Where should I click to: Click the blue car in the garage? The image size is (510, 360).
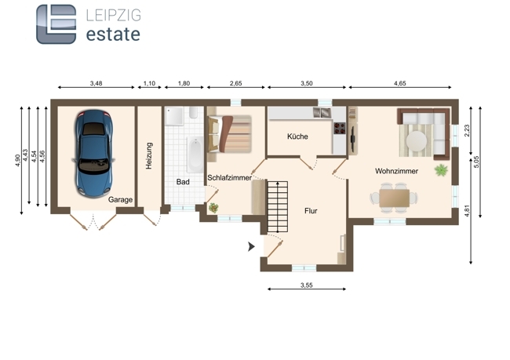pyautogui.click(x=93, y=153)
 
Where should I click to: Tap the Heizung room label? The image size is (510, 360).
pyautogui.click(x=149, y=156)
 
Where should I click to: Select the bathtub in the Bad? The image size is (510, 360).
pyautogui.click(x=195, y=155)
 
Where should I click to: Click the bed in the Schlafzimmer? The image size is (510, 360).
pyautogui.click(x=230, y=133)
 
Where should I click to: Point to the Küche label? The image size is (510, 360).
pyautogui.click(x=297, y=136)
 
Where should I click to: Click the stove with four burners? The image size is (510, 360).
pyautogui.click(x=340, y=128)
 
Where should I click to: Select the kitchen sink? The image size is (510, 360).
pyautogui.click(x=322, y=113)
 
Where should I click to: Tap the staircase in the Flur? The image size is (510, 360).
pyautogui.click(x=278, y=206)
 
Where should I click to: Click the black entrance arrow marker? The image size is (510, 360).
pyautogui.click(x=251, y=247)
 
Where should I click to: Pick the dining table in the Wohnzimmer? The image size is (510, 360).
pyautogui.click(x=394, y=198)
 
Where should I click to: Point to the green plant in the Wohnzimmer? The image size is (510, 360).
pyautogui.click(x=441, y=169)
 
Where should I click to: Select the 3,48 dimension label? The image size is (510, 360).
pyautogui.click(x=96, y=83)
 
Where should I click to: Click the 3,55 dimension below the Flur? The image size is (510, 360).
pyautogui.click(x=306, y=285)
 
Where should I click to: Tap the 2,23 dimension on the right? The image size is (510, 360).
pyautogui.click(x=467, y=131)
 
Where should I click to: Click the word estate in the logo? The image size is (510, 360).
pyautogui.click(x=113, y=35)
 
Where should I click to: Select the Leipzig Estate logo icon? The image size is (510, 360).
pyautogui.click(x=56, y=24)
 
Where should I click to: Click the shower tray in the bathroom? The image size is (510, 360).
pyautogui.click(x=174, y=116)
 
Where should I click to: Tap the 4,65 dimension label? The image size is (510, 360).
pyautogui.click(x=399, y=83)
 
